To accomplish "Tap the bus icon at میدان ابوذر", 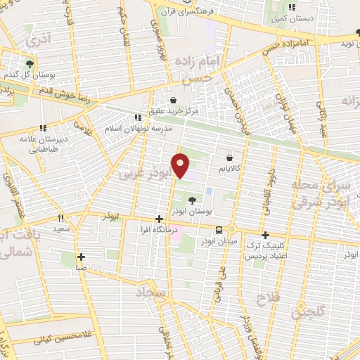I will pos(220,229).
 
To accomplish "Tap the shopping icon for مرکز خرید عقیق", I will pos(174,98).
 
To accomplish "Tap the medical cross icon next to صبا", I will pos(82,257).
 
